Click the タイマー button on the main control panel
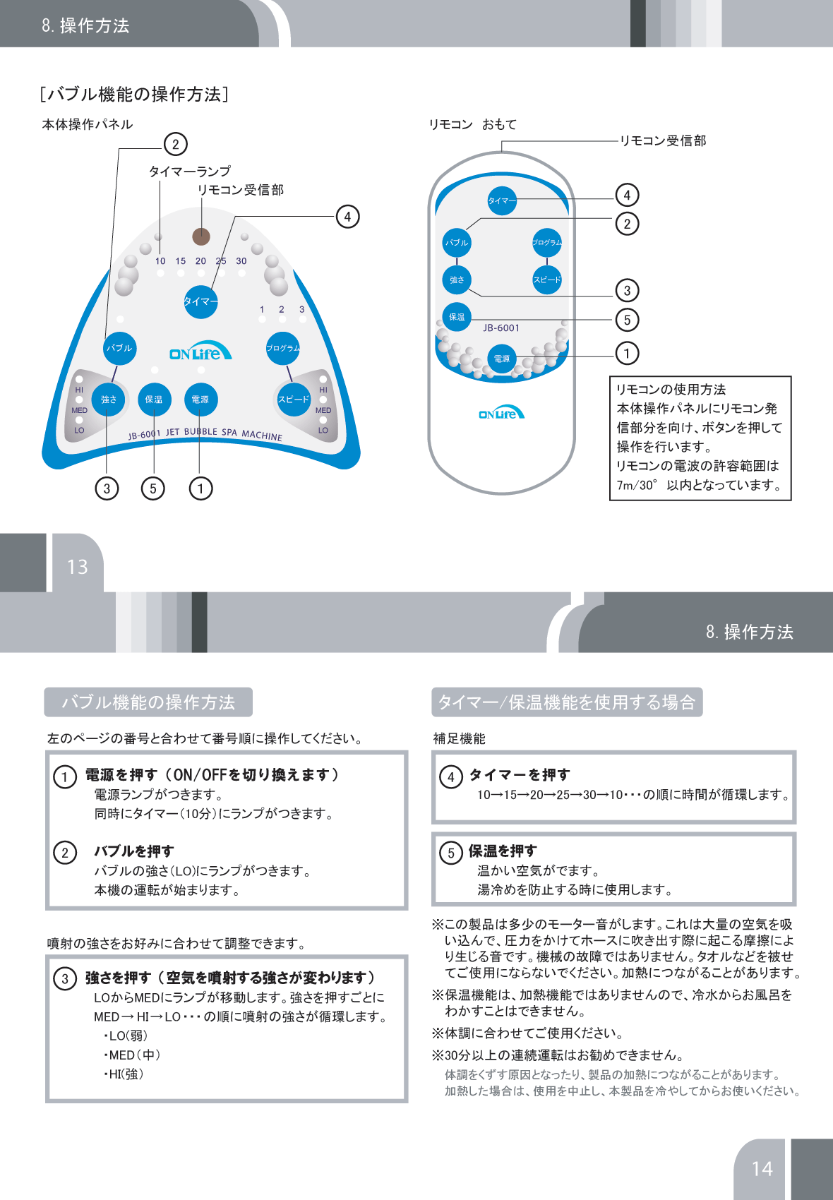200,301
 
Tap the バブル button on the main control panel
119,348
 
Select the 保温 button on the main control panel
154,400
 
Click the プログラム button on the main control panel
282,348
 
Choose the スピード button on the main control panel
293,400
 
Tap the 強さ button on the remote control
457,280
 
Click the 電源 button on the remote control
502,359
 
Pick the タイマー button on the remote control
502,200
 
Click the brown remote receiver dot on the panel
201,236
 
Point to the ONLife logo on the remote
501,414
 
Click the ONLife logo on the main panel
200,354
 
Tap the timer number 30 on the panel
241,261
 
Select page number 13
78,567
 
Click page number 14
762,1169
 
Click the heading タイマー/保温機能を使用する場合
567,702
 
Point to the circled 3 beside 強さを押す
65,978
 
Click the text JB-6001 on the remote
501,328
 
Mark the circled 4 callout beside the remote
627,195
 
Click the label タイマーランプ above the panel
189,172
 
